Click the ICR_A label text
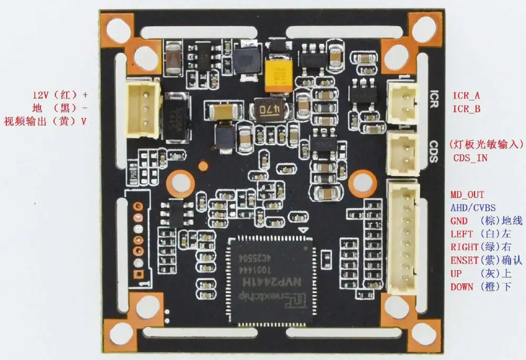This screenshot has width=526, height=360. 466,96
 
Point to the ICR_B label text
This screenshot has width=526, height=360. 466,109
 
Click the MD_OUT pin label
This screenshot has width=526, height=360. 467,195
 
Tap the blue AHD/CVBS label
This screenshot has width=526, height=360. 473,208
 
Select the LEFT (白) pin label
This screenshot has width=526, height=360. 480,234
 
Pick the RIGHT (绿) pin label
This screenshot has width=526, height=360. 480,247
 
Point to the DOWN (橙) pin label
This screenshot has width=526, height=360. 480,287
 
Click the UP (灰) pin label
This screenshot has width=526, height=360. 480,274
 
